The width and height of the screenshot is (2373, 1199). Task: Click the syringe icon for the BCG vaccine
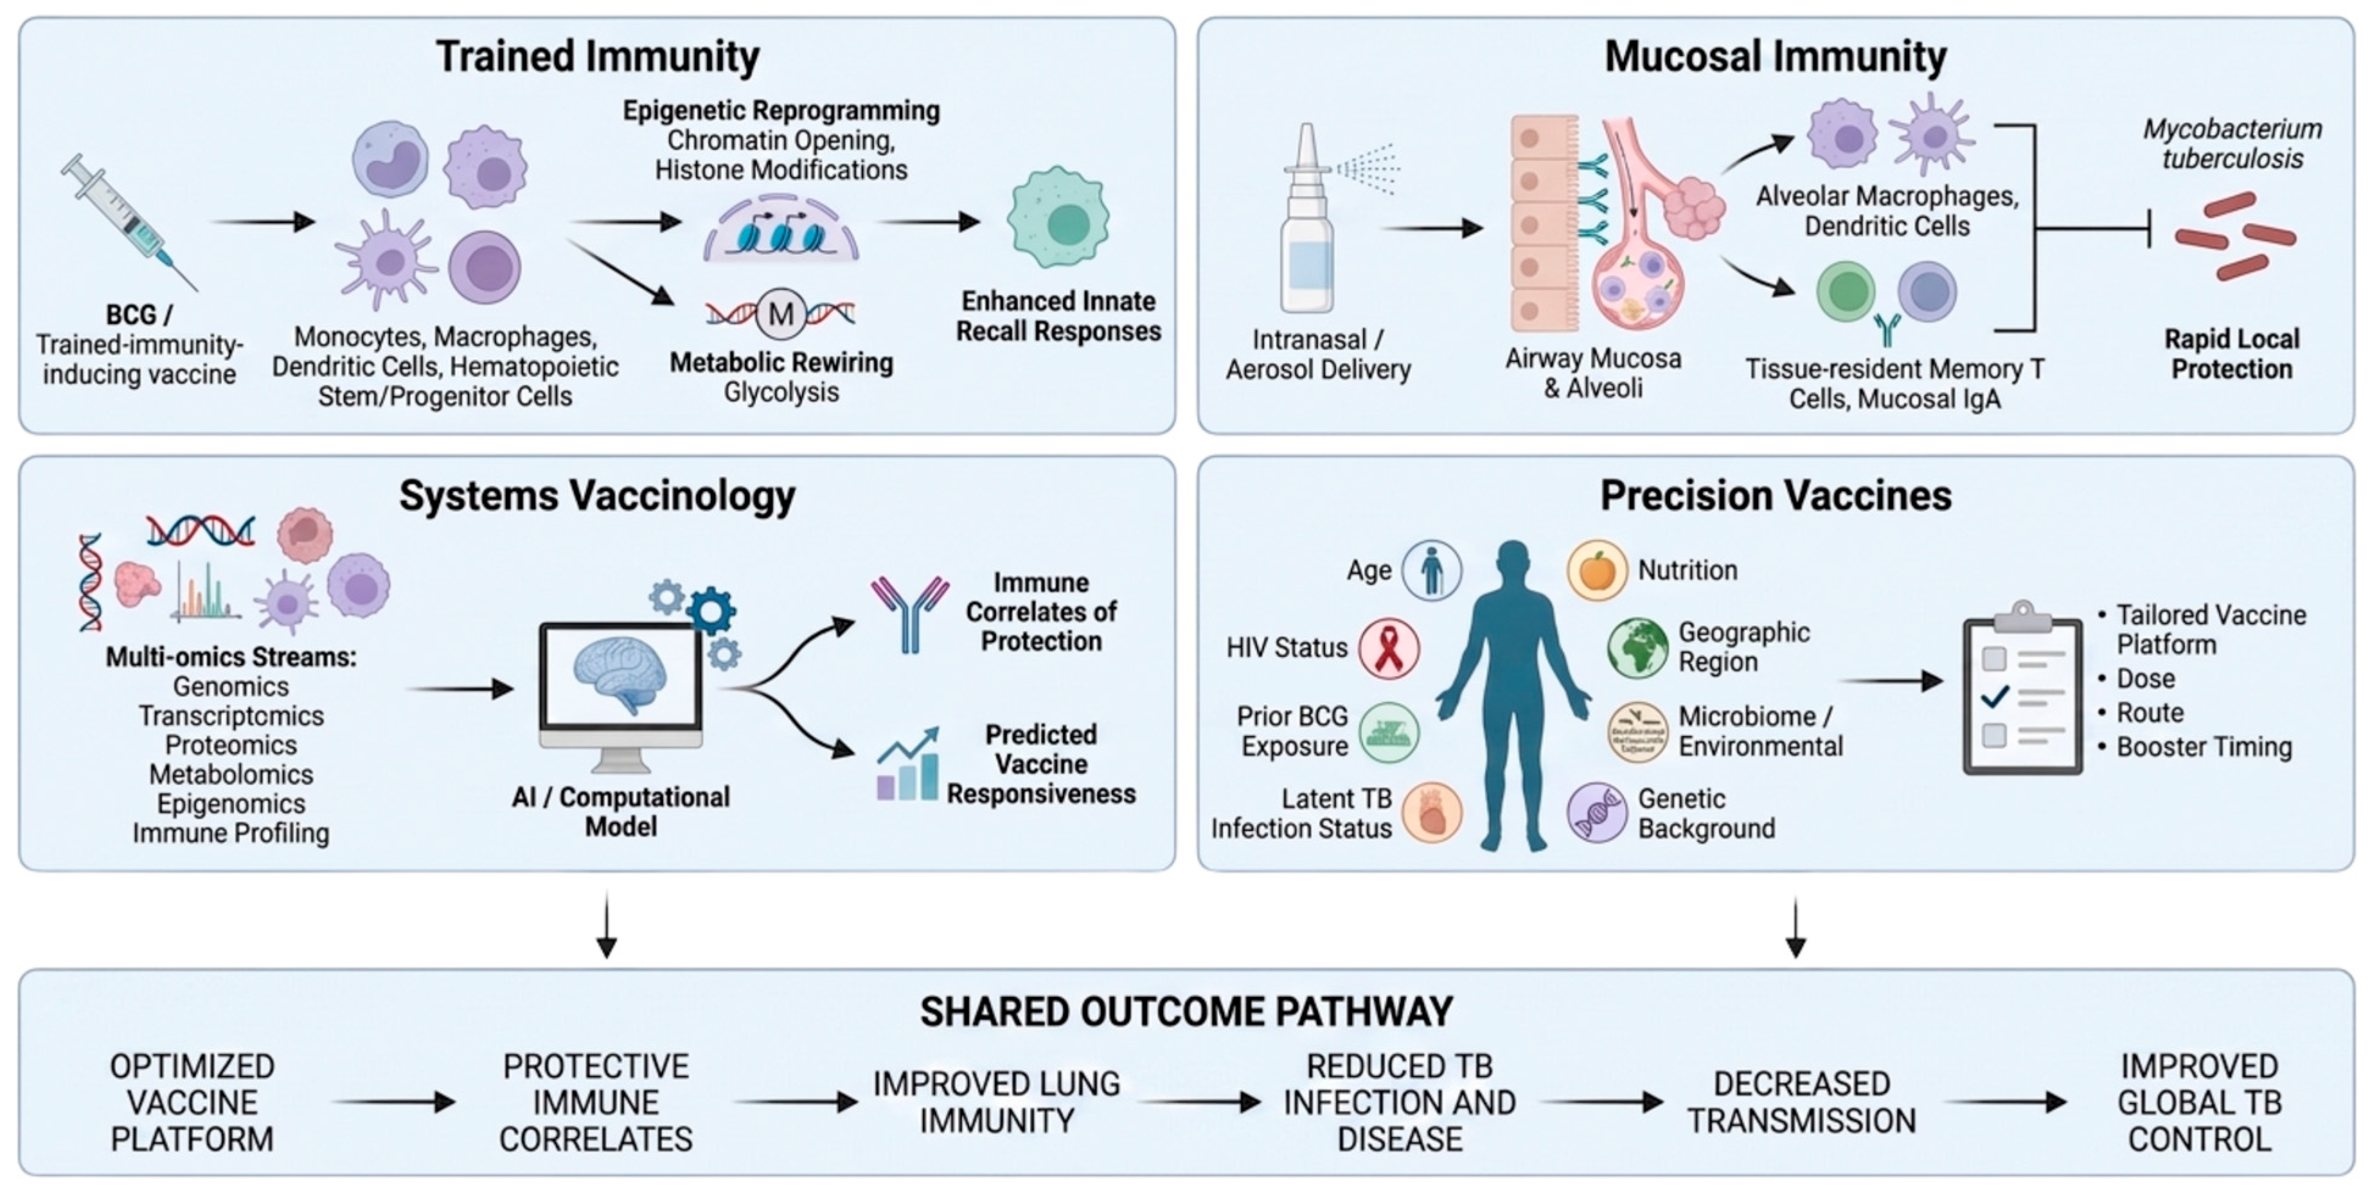pyautogui.click(x=129, y=221)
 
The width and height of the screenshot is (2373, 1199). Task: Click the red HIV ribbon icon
pyautogui.click(x=1388, y=648)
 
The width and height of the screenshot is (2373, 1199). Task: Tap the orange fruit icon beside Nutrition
pyautogui.click(x=1598, y=570)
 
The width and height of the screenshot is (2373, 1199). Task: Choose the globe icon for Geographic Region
pyautogui.click(x=1638, y=648)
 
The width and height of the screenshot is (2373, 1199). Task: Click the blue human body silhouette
pyautogui.click(x=1514, y=695)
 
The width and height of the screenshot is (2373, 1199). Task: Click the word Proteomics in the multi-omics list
pyautogui.click(x=231, y=745)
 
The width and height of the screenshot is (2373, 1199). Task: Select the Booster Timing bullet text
pyautogui.click(x=2204, y=747)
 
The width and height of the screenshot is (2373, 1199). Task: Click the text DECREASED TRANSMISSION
pyautogui.click(x=1801, y=1102)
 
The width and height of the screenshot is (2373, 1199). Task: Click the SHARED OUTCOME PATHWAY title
pyautogui.click(x=1186, y=1012)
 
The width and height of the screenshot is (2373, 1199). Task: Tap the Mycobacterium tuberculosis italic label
pyautogui.click(x=2232, y=144)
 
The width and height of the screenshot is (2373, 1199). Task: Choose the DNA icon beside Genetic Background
pyautogui.click(x=1598, y=813)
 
